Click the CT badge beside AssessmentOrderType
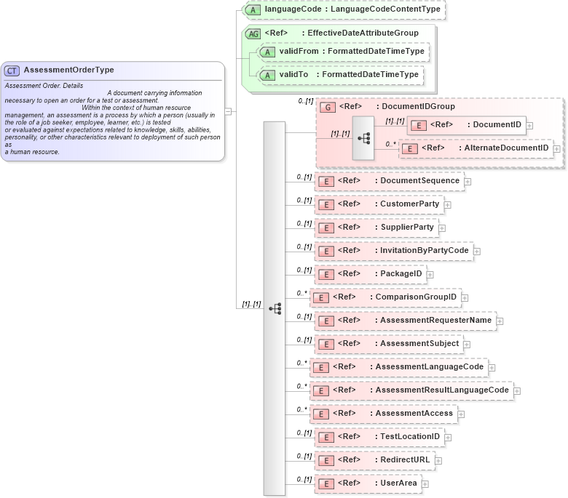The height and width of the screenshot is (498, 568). click(12, 71)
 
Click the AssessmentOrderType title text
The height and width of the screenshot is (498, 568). click(68, 71)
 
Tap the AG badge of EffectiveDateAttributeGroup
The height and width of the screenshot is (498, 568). click(253, 33)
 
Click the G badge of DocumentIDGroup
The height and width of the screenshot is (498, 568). click(328, 107)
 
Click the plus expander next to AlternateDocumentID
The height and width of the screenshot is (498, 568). click(557, 148)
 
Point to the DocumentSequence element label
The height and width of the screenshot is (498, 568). click(420, 180)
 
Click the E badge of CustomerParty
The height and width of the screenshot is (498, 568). click(328, 204)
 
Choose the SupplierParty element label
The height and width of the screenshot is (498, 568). click(407, 227)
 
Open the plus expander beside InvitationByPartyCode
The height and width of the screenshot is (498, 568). click(477, 252)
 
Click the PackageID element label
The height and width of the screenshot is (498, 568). click(401, 273)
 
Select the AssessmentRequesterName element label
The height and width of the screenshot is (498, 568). click(435, 320)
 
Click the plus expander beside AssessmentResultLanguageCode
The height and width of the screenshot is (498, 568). click(517, 391)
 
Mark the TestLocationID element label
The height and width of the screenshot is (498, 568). click(411, 436)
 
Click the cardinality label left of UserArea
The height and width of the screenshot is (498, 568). click(304, 480)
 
